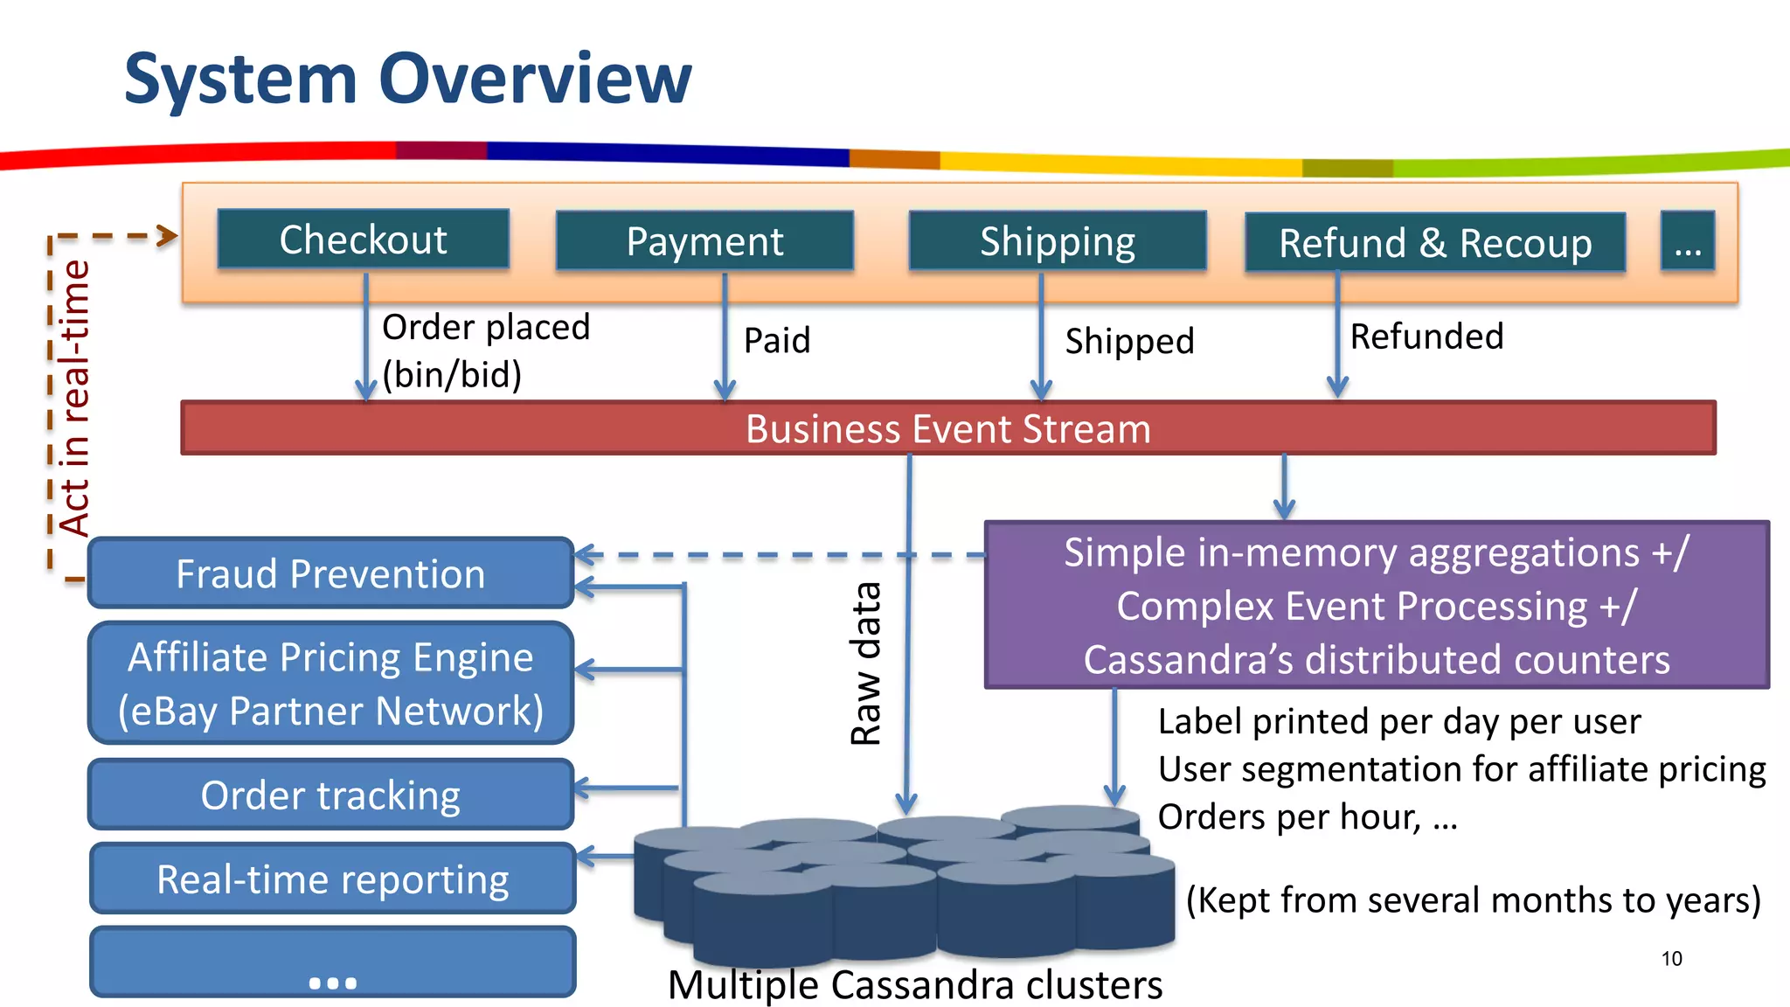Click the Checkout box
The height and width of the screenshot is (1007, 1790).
(363, 240)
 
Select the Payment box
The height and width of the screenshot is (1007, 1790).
(704, 241)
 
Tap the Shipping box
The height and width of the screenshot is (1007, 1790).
(1057, 241)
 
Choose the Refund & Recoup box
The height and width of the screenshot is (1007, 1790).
(1434, 243)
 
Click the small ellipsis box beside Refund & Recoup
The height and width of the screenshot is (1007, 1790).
(1687, 242)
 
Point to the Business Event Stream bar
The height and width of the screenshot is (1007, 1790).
(947, 428)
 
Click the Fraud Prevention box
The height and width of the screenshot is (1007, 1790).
(330, 573)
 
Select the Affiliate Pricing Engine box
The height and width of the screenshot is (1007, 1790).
(330, 684)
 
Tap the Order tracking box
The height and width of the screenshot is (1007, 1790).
(330, 795)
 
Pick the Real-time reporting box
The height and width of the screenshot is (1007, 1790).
(332, 879)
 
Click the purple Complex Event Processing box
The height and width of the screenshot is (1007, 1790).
(1376, 605)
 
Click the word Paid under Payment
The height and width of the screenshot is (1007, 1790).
(777, 340)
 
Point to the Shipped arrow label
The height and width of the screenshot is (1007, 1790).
(1129, 341)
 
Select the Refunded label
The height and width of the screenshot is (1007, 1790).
(1426, 337)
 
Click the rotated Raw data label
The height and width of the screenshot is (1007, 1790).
(866, 664)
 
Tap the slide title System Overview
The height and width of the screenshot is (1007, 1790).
(407, 79)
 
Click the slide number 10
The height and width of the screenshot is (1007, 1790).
(1671, 959)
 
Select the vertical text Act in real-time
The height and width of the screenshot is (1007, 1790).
(75, 398)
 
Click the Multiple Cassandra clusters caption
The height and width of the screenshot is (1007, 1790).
(914, 985)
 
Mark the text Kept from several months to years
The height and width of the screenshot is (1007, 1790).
(1473, 899)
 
